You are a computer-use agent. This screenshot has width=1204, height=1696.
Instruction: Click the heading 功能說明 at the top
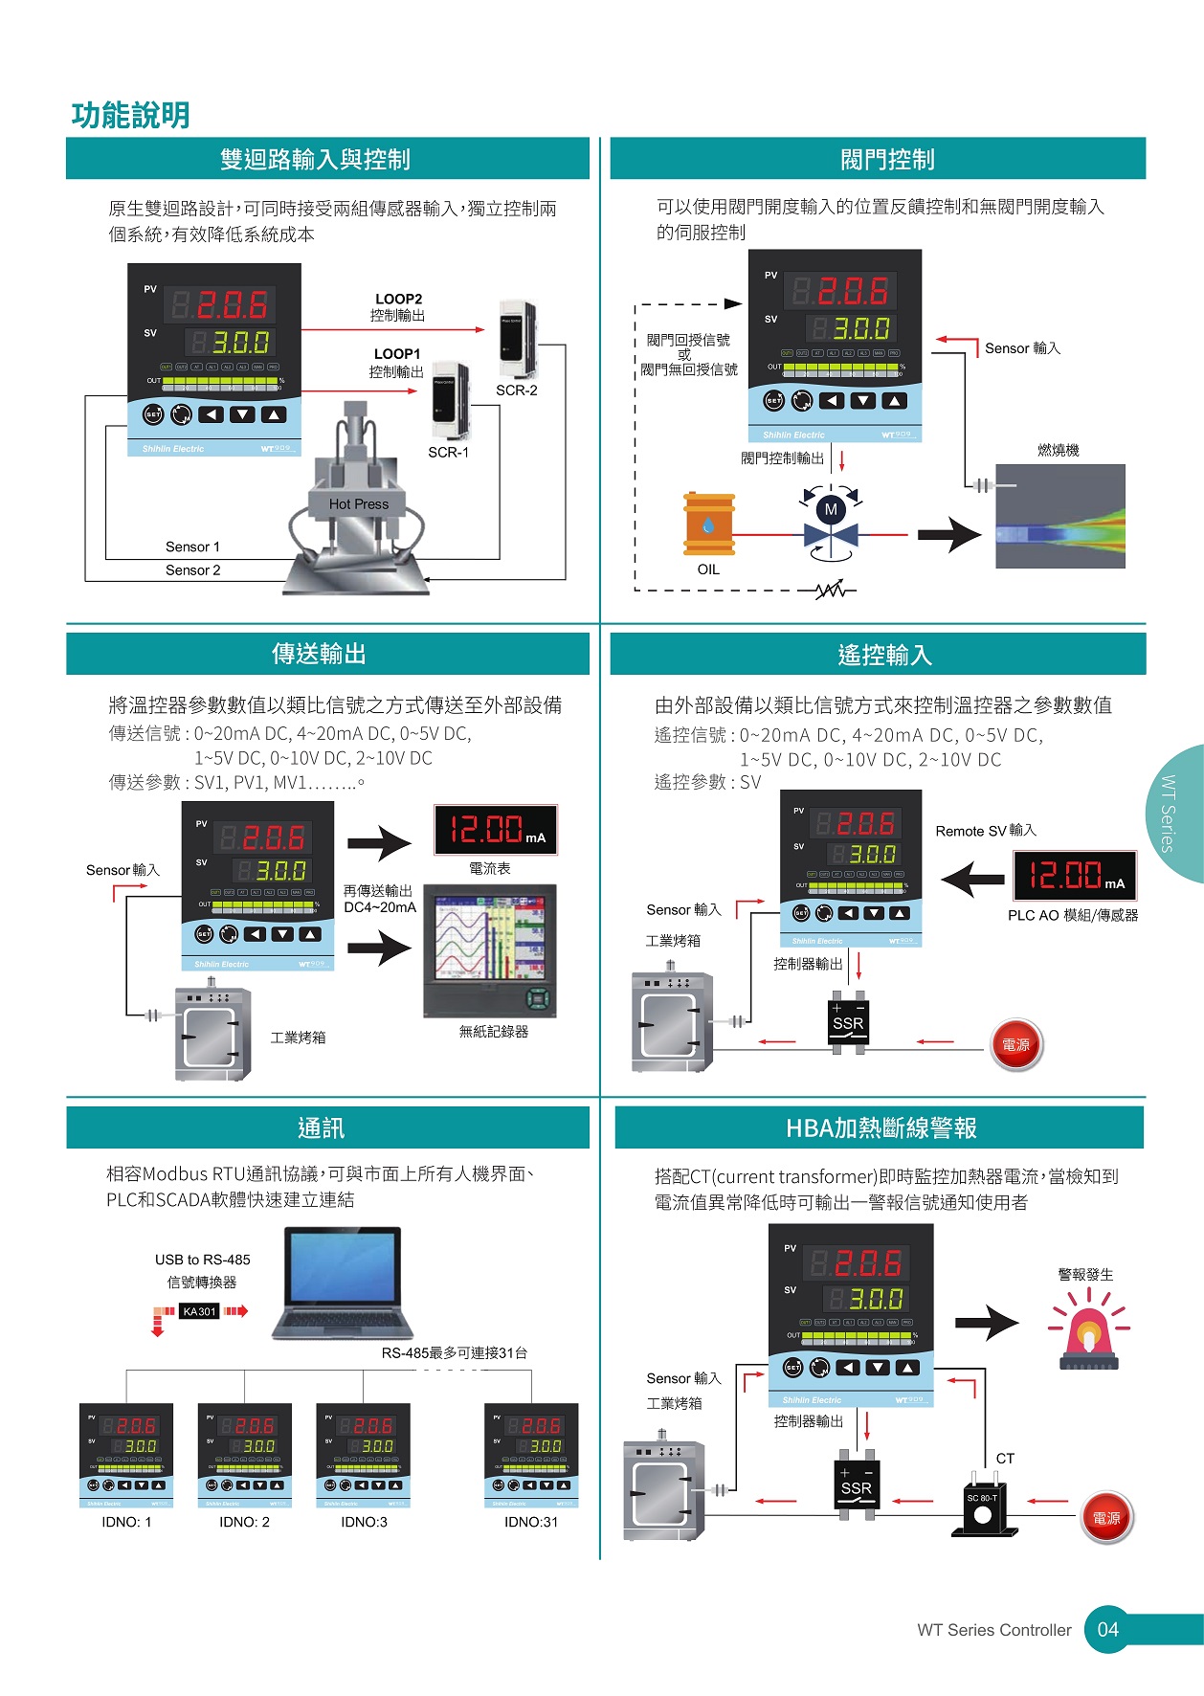pyautogui.click(x=131, y=116)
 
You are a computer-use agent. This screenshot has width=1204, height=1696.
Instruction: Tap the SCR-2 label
pyautogui.click(x=516, y=391)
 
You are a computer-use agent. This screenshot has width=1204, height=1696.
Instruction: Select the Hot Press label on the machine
pyautogui.click(x=359, y=504)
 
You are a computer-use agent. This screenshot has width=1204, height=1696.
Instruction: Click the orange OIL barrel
pyautogui.click(x=708, y=524)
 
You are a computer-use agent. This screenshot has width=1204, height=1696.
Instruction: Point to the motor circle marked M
pyautogui.click(x=831, y=510)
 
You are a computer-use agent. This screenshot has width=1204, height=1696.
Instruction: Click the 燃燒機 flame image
pyautogui.click(x=1059, y=517)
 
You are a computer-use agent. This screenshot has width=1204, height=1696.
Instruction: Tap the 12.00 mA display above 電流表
pyautogui.click(x=496, y=830)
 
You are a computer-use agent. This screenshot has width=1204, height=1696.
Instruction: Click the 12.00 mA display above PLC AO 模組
pyautogui.click(x=1075, y=875)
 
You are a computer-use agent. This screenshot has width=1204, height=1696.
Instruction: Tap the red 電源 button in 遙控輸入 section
pyautogui.click(x=1015, y=1044)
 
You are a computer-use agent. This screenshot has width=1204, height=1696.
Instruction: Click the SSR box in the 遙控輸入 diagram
pyautogui.click(x=848, y=1023)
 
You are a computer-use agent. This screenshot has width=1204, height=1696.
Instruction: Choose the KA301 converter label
pyautogui.click(x=199, y=1311)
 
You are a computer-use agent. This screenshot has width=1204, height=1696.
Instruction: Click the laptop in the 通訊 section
pyautogui.click(x=343, y=1283)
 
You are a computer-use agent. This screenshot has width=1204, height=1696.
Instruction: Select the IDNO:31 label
pyautogui.click(x=531, y=1522)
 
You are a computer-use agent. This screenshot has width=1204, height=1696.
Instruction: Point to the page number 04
pyautogui.click(x=1107, y=1629)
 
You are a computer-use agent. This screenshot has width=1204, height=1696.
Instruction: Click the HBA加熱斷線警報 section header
pyautogui.click(x=881, y=1128)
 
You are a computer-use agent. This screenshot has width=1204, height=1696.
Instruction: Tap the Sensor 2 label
pyautogui.click(x=192, y=570)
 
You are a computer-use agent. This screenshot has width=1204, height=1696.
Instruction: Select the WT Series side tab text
pyautogui.click(x=1168, y=814)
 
